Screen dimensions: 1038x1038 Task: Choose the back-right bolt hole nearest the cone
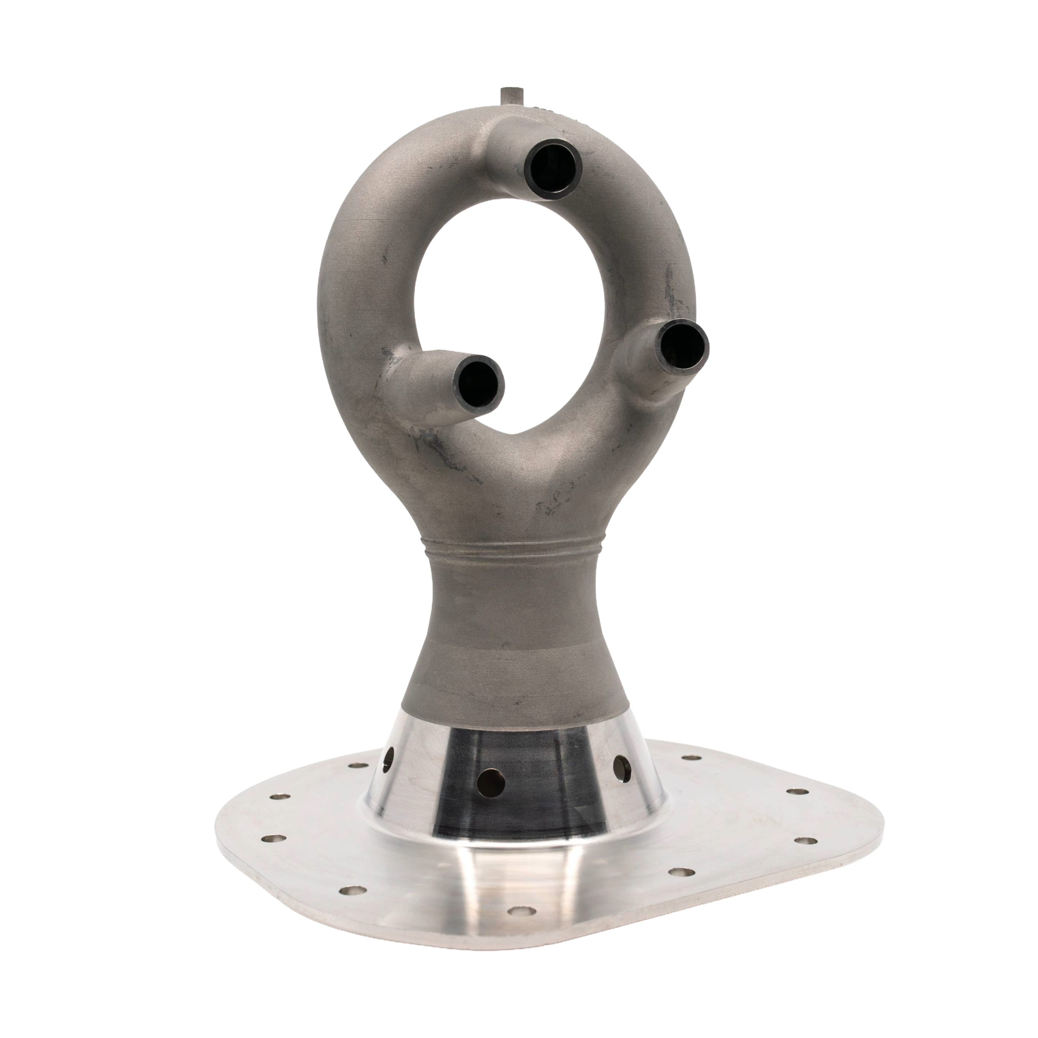tap(691, 759)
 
